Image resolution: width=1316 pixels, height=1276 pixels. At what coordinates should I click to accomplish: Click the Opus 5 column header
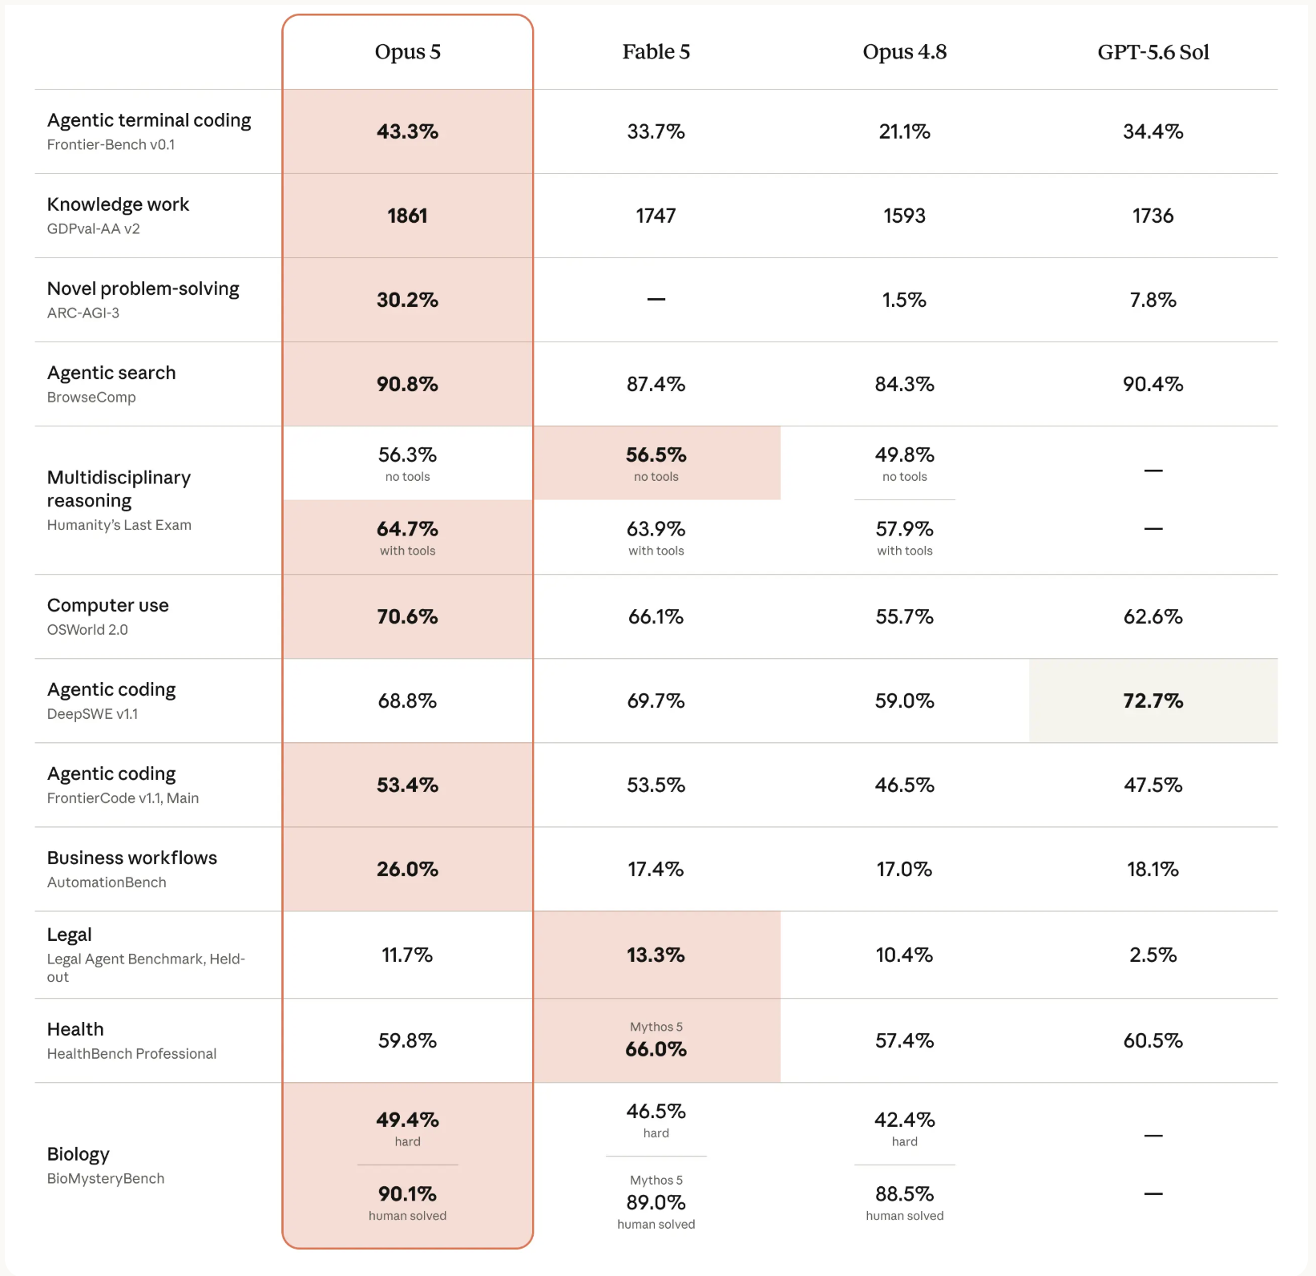point(407,52)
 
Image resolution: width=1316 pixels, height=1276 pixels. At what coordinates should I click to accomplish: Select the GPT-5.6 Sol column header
point(1153,52)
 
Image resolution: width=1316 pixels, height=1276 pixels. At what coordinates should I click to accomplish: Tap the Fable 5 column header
point(656,52)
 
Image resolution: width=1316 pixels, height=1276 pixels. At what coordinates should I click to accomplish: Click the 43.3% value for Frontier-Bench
point(407,131)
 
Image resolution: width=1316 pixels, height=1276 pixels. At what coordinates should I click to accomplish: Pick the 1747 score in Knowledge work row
point(656,216)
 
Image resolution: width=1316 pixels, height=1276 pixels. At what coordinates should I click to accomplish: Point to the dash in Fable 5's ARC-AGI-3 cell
point(656,299)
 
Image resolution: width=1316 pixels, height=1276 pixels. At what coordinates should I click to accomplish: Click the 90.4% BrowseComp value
point(1153,384)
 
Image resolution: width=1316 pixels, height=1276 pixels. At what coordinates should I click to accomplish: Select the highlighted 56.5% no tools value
point(656,454)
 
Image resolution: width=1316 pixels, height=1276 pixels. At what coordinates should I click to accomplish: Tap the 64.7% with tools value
point(407,529)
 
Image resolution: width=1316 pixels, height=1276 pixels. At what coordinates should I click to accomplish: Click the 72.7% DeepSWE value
point(1153,701)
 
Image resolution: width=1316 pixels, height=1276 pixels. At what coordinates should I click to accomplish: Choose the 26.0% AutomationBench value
point(407,869)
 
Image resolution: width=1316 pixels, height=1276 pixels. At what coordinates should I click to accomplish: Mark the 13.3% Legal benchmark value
point(656,955)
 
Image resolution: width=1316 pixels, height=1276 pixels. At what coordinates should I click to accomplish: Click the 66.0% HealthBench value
point(656,1049)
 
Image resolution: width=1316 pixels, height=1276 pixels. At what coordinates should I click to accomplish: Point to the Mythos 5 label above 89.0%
point(656,1180)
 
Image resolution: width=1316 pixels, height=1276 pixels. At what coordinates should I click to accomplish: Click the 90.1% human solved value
point(407,1194)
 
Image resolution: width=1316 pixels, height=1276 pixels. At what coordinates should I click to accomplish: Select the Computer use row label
point(108,605)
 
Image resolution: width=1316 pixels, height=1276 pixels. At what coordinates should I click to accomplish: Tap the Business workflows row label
point(132,858)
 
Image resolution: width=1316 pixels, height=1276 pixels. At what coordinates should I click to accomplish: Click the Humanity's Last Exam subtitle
point(119,525)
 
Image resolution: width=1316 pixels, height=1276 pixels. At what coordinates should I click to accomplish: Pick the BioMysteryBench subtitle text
point(106,1178)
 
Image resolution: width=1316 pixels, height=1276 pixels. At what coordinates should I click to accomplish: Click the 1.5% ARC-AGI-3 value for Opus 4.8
point(904,300)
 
